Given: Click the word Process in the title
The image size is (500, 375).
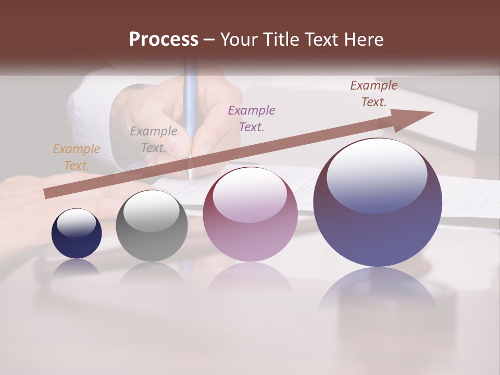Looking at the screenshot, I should [x=164, y=40].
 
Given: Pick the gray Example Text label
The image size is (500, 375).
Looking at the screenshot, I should [x=154, y=140].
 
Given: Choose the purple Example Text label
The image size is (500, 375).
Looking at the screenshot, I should [x=252, y=118].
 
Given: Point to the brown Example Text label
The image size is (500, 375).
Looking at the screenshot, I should [x=373, y=94].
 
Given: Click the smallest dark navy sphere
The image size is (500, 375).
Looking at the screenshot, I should [x=77, y=242].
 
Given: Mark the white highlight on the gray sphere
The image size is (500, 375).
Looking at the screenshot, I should [x=152, y=211].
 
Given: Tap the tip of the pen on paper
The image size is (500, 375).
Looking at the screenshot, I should [x=190, y=180].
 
